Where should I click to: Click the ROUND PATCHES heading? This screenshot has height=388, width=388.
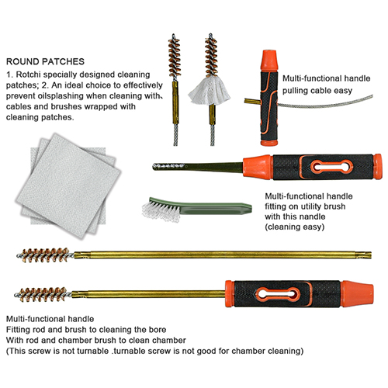pyautogui.click(x=45, y=61)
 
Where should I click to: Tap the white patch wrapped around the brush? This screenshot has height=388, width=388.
pyautogui.click(x=210, y=91)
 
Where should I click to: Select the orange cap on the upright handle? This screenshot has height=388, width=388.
pyautogui.click(x=269, y=60)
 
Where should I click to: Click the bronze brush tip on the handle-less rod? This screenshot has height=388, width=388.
pyautogui.click(x=46, y=255)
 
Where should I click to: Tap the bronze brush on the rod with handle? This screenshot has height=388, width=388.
pyautogui.click(x=43, y=295)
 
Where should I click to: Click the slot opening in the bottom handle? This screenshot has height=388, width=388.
pyautogui.click(x=278, y=294)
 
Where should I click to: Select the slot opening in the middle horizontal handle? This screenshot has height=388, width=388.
pyautogui.click(x=332, y=167)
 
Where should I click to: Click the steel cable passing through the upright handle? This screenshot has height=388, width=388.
pyautogui.click(x=325, y=103)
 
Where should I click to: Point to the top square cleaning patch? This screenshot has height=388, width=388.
pyautogui.click(x=68, y=185)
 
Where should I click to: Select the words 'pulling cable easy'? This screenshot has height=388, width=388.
pyautogui.click(x=317, y=91)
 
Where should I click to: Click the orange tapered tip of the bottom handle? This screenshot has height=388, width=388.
pyautogui.click(x=357, y=294)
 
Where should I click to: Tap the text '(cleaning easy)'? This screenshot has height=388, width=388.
pyautogui.click(x=295, y=227)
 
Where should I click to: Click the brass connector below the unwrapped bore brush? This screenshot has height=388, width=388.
pyautogui.click(x=175, y=102)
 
